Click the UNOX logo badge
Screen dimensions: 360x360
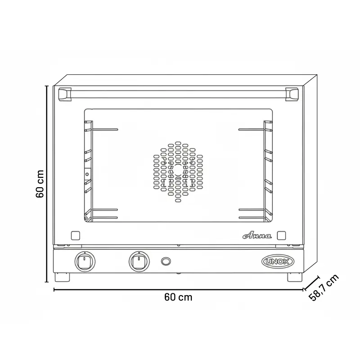[x=278, y=261]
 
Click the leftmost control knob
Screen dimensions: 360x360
[x=84, y=261]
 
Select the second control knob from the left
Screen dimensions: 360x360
[x=138, y=261]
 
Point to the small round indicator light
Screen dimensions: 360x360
[x=166, y=261]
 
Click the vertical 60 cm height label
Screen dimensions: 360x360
[x=40, y=184]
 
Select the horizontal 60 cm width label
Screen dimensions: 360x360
[x=178, y=297]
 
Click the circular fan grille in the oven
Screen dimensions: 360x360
[x=178, y=172]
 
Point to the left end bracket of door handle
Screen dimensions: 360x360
[x=66, y=94]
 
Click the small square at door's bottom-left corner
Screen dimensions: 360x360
[x=76, y=235]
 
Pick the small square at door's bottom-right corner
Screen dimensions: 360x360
[x=282, y=235]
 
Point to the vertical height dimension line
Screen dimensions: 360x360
[x=47, y=184]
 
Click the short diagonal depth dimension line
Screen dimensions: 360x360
[x=312, y=283]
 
